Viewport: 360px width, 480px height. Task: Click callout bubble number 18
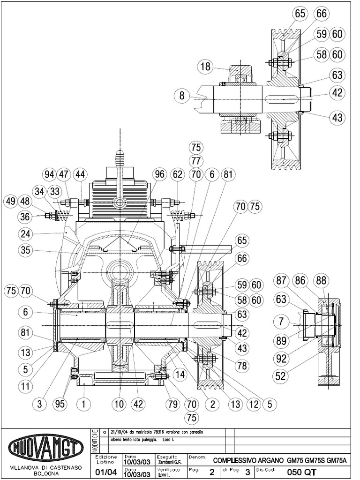click(205, 66)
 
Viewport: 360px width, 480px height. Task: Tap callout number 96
click(160, 175)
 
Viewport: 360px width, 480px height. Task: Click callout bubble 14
click(179, 375)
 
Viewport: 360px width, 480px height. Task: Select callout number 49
click(10, 202)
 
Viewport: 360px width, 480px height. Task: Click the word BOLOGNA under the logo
click(44, 473)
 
